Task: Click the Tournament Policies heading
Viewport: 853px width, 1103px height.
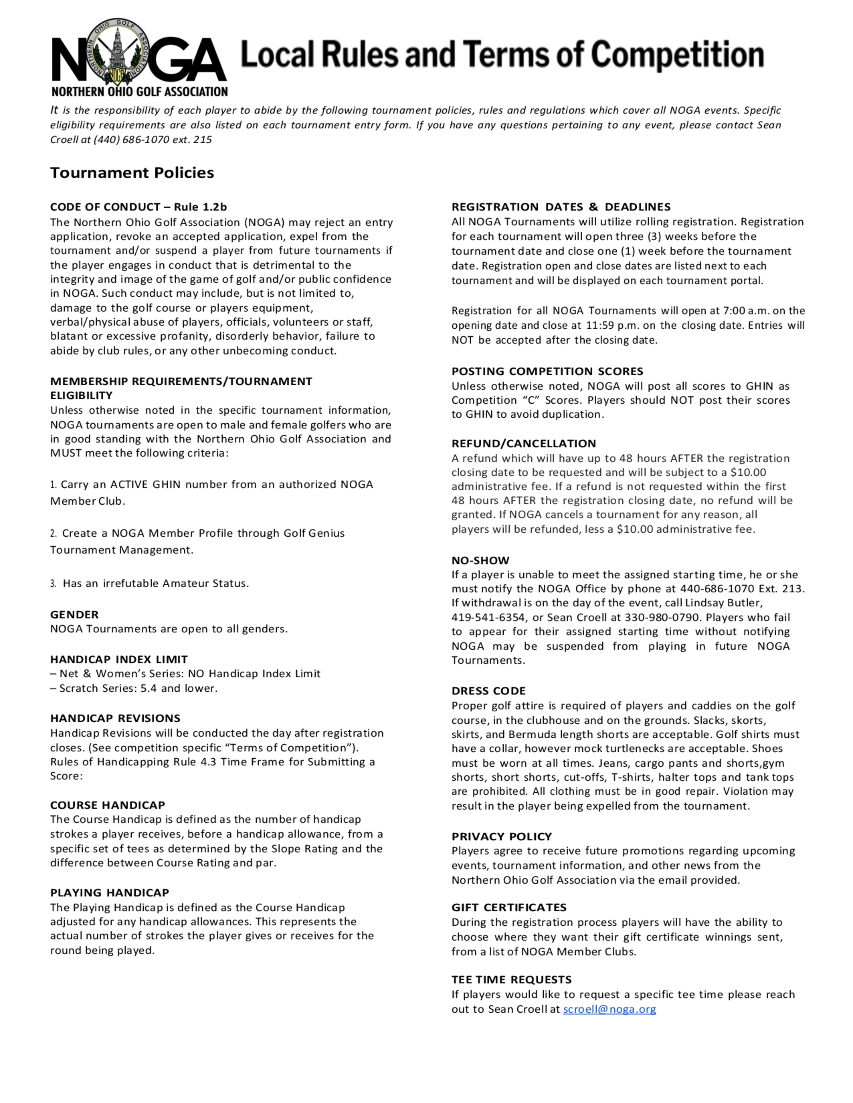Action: [132, 173]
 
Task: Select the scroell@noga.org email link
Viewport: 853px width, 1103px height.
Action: [609, 1009]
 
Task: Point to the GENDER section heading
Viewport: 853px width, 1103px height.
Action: [74, 615]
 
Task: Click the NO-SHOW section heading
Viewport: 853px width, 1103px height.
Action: [480, 560]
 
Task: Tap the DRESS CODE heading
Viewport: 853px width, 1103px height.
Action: [488, 691]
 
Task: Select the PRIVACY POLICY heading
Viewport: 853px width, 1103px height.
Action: [501, 836]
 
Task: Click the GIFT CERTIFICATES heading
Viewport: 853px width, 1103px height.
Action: [509, 907]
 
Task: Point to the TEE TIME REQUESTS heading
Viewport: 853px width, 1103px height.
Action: [511, 980]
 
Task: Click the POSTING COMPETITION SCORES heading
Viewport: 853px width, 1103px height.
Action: [547, 371]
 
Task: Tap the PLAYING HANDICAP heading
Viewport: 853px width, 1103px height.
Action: [110, 892]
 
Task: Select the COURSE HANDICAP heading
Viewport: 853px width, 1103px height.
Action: [107, 805]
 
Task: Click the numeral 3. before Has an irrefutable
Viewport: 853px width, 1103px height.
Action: [53, 584]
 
